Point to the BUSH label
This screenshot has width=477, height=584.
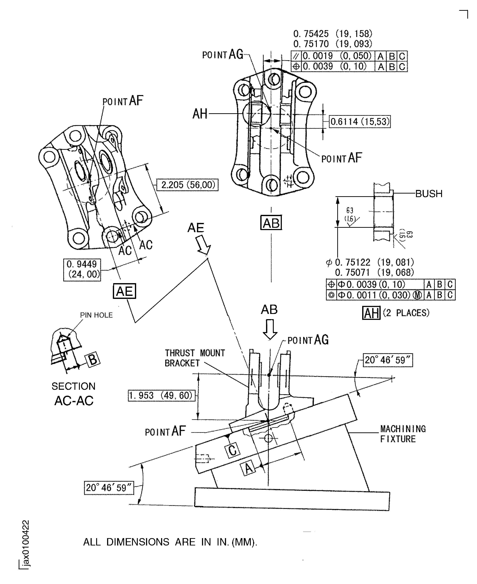click(x=429, y=194)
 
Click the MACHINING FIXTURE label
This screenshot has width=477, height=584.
click(x=403, y=434)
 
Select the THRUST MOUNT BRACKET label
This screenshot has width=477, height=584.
click(x=194, y=358)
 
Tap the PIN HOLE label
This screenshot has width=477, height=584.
click(x=96, y=315)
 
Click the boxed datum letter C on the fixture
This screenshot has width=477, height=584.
click(x=232, y=450)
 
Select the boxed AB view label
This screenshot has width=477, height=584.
click(x=271, y=223)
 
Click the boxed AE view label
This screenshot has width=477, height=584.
click(x=124, y=291)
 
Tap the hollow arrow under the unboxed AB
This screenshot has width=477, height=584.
click(x=270, y=329)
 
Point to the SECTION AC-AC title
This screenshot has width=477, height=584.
click(x=74, y=394)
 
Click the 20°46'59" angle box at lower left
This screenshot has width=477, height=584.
click(x=109, y=488)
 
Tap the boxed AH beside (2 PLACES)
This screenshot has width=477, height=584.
click(x=371, y=313)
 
